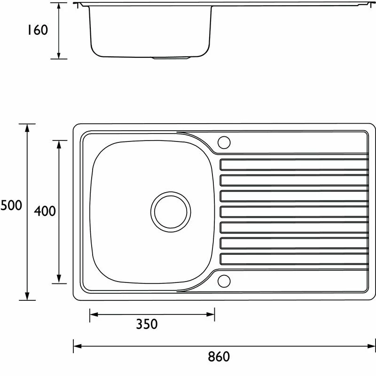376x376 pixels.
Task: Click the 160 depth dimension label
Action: click(x=38, y=30)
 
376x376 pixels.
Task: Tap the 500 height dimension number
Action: click(x=11, y=205)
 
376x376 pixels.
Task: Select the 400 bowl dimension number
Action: click(x=45, y=211)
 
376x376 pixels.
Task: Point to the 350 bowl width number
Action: click(x=147, y=324)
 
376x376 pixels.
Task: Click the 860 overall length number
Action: click(x=219, y=357)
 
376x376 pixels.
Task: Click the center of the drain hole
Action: click(x=171, y=212)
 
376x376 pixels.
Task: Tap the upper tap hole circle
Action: click(x=224, y=142)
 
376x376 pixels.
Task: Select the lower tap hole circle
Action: click(x=224, y=281)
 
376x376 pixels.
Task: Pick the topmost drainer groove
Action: click(x=294, y=164)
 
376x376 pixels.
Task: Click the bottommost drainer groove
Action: click(x=294, y=259)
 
